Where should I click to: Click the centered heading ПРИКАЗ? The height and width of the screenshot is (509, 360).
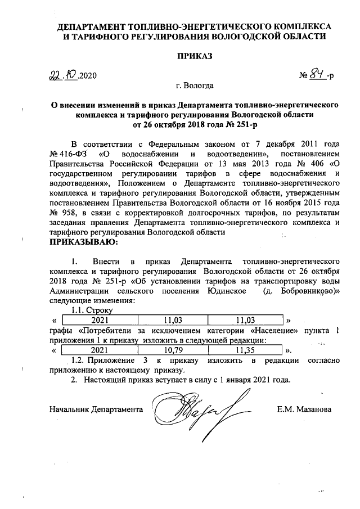[x=195, y=56]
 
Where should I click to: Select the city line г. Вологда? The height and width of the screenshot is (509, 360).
[x=195, y=87]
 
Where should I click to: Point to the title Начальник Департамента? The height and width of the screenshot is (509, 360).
[x=96, y=409]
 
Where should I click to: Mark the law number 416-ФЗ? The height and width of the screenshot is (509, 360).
[x=71, y=154]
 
